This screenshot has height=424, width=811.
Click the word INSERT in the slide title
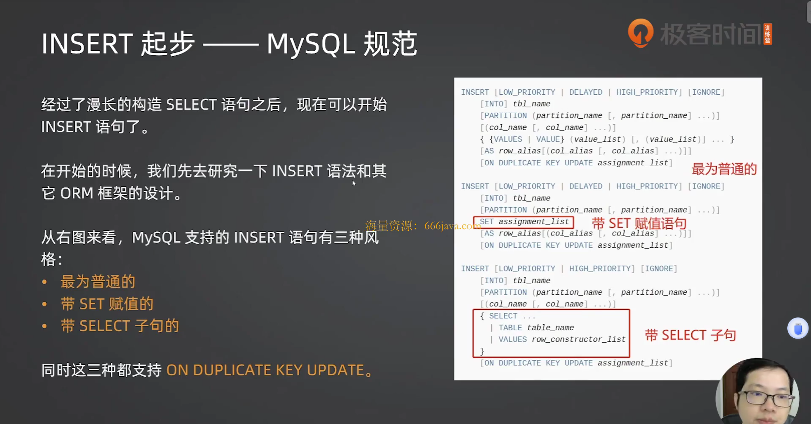pos(87,44)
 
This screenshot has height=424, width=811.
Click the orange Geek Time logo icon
pos(641,33)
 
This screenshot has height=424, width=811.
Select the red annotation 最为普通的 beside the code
pos(724,169)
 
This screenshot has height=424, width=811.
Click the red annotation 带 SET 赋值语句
pos(639,223)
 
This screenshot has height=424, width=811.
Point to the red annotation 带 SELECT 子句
pos(690,335)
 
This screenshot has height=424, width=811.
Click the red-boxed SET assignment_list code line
pos(524,222)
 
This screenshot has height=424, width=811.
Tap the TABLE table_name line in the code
pos(536,328)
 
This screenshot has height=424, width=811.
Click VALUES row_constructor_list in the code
pos(562,339)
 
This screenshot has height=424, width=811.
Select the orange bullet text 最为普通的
pos(98,282)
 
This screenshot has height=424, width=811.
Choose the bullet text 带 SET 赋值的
pos(107,304)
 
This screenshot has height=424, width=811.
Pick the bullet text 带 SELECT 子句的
pos(120,326)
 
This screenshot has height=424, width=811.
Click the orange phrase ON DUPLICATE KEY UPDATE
pos(265,370)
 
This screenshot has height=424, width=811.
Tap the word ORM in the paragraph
pos(76,193)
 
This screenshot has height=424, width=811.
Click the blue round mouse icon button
pos(797,328)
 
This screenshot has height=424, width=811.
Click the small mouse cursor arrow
pos(354,183)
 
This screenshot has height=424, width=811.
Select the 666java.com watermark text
pos(452,226)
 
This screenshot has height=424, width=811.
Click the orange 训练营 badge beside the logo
pos(768,34)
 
